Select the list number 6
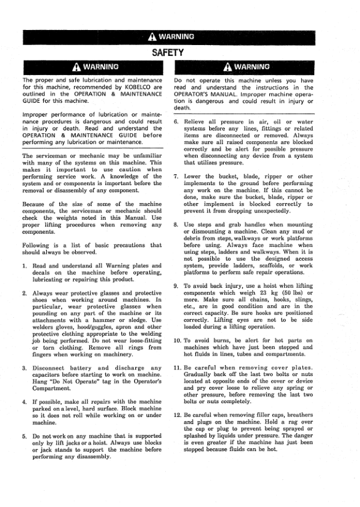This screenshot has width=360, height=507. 175,121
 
